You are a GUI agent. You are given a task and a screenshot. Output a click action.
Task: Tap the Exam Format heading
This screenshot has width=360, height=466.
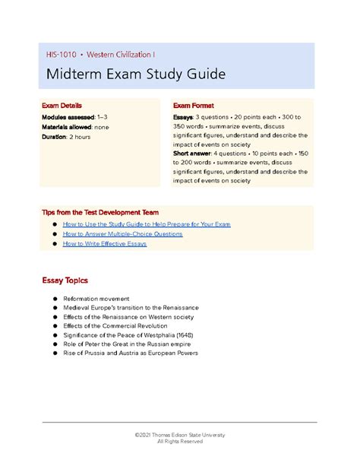(194, 106)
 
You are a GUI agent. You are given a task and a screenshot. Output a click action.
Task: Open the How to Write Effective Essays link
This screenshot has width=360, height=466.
(105, 244)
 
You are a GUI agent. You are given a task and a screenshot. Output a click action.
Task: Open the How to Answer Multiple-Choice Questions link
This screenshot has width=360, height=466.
(122, 234)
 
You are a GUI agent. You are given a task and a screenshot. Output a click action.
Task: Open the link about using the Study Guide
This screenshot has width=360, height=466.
(147, 224)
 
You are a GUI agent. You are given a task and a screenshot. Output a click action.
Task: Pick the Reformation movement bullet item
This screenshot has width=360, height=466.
(96, 299)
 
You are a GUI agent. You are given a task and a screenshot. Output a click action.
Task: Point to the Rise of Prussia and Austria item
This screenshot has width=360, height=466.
(131, 353)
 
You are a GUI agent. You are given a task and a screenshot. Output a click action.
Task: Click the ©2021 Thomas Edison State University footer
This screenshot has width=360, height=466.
(179, 434)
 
